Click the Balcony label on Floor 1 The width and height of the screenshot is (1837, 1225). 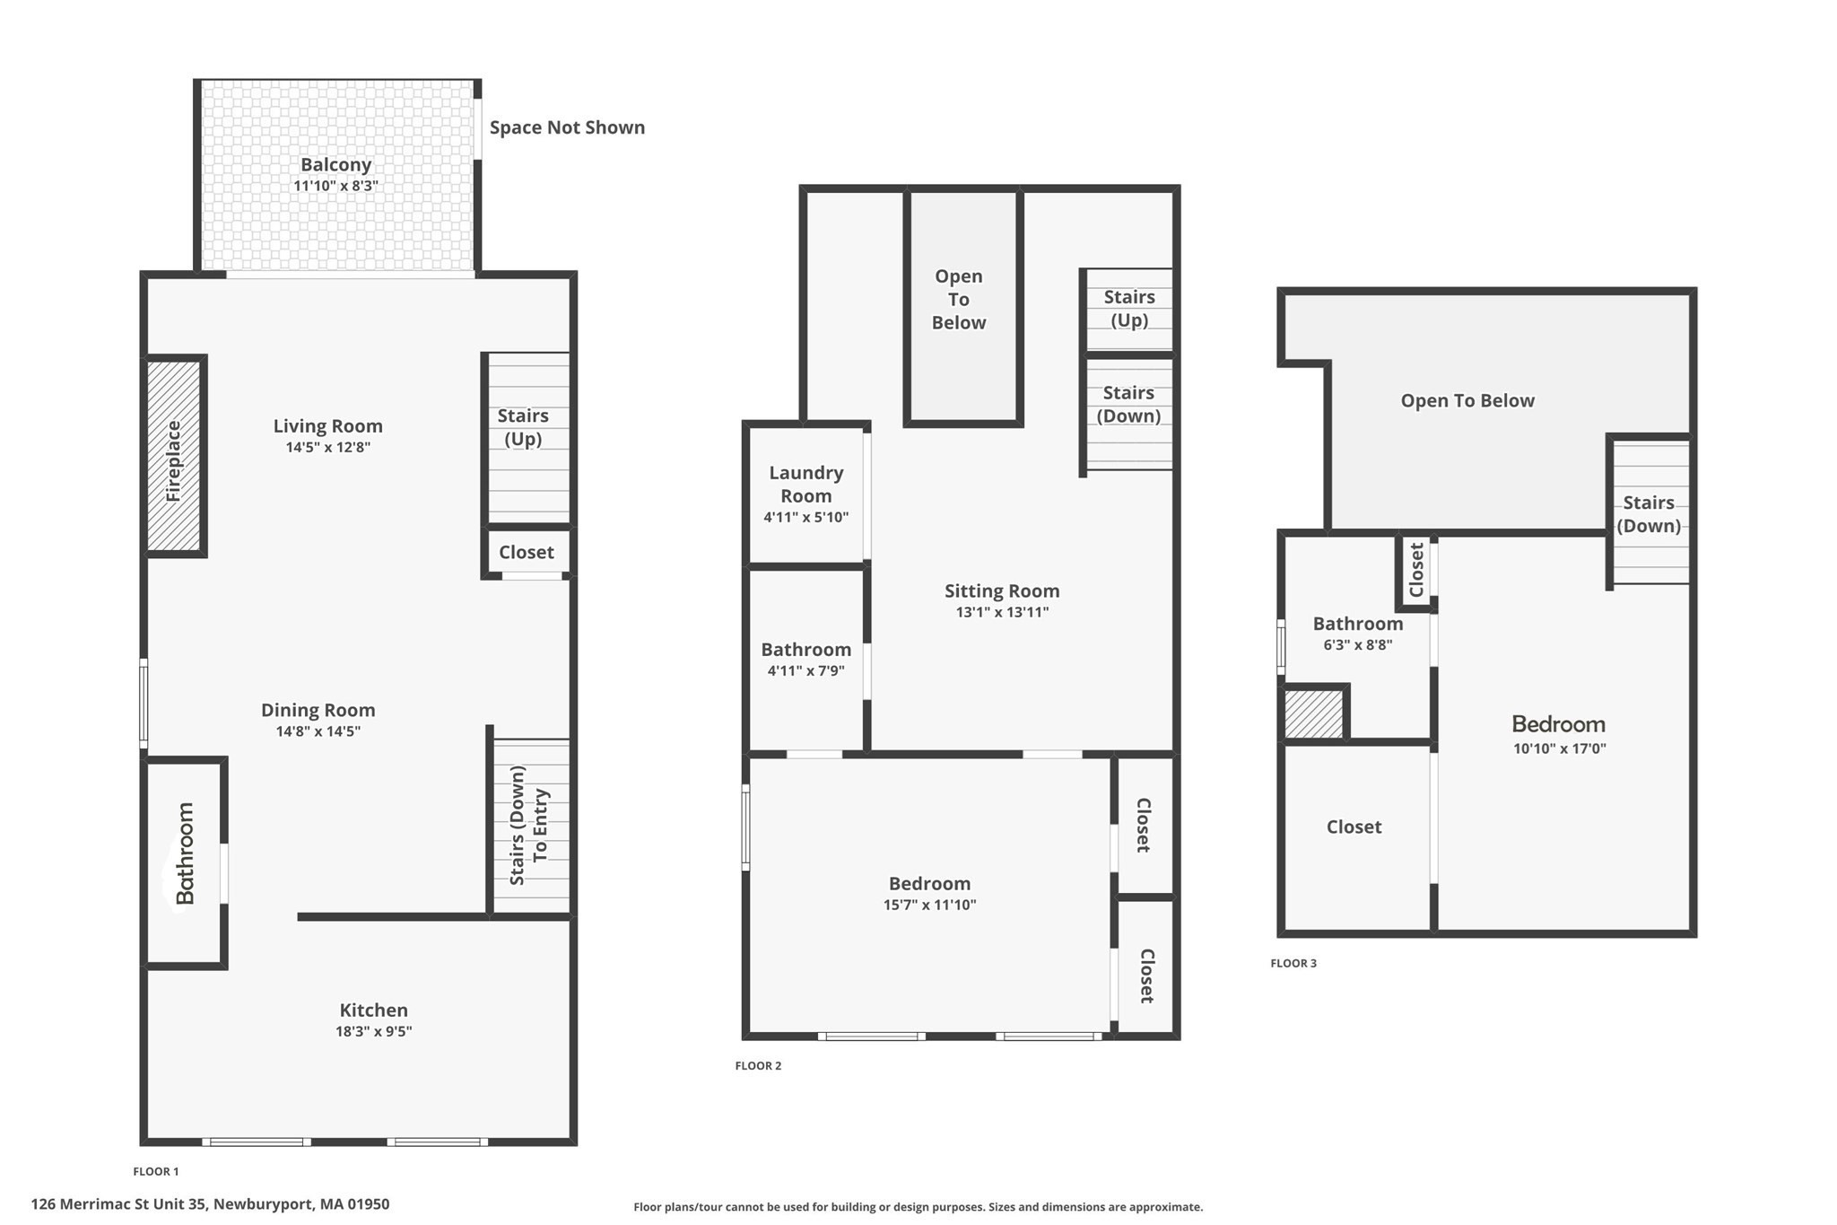coord(335,165)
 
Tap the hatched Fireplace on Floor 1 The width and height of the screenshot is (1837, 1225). coord(174,457)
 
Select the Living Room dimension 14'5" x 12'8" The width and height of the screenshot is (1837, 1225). coord(328,447)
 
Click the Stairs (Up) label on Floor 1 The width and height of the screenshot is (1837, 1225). coord(523,427)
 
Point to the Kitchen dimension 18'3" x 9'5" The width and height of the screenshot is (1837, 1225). coord(374,1031)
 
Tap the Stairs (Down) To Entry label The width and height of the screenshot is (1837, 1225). coord(529,826)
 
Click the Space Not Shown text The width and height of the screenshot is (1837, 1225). coord(567,127)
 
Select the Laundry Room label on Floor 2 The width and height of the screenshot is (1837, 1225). coord(805,484)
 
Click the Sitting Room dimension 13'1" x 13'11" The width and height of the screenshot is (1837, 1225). coord(1002,612)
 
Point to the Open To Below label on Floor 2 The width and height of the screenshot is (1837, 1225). coord(959,300)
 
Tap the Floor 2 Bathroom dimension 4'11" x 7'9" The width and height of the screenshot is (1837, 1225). coord(805,670)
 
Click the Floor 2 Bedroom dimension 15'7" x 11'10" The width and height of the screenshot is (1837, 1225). coord(929,905)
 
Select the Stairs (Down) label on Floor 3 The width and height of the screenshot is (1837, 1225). coord(1649,514)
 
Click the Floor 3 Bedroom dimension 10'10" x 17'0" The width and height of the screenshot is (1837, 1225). coord(1559,748)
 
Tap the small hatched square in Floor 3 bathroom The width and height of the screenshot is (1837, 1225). coord(1313,714)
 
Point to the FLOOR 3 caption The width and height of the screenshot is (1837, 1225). coord(1293,963)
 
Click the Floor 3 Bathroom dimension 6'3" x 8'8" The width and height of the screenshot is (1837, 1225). coord(1357,644)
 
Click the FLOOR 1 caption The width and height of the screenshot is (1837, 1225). coord(156,1171)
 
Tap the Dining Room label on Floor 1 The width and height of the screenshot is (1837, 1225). coord(318,710)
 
